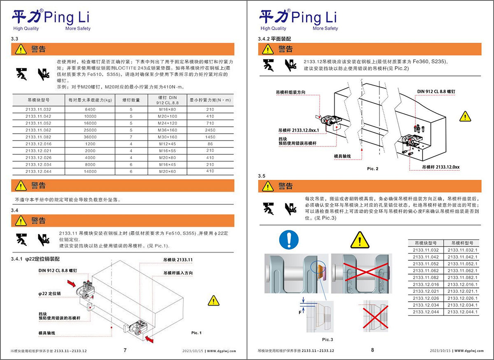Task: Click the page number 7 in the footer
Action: pyautogui.click(x=125, y=350)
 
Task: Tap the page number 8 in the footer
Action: pyautogui.click(x=373, y=350)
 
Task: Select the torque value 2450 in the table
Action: pyautogui.click(x=210, y=130)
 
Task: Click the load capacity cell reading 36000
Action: pyautogui.click(x=90, y=137)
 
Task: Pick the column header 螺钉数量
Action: pyautogui.click(x=130, y=100)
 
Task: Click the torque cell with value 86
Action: pyautogui.click(x=210, y=144)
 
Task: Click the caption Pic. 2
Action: pyautogui.click(x=372, y=169)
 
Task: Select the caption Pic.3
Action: pyautogui.click(x=328, y=339)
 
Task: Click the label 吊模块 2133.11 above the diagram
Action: pyautogui.click(x=178, y=260)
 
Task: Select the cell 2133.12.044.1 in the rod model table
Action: pyautogui.click(x=463, y=312)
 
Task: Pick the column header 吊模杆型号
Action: pyautogui.click(x=463, y=243)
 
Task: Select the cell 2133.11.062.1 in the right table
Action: pyautogui.click(x=463, y=271)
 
